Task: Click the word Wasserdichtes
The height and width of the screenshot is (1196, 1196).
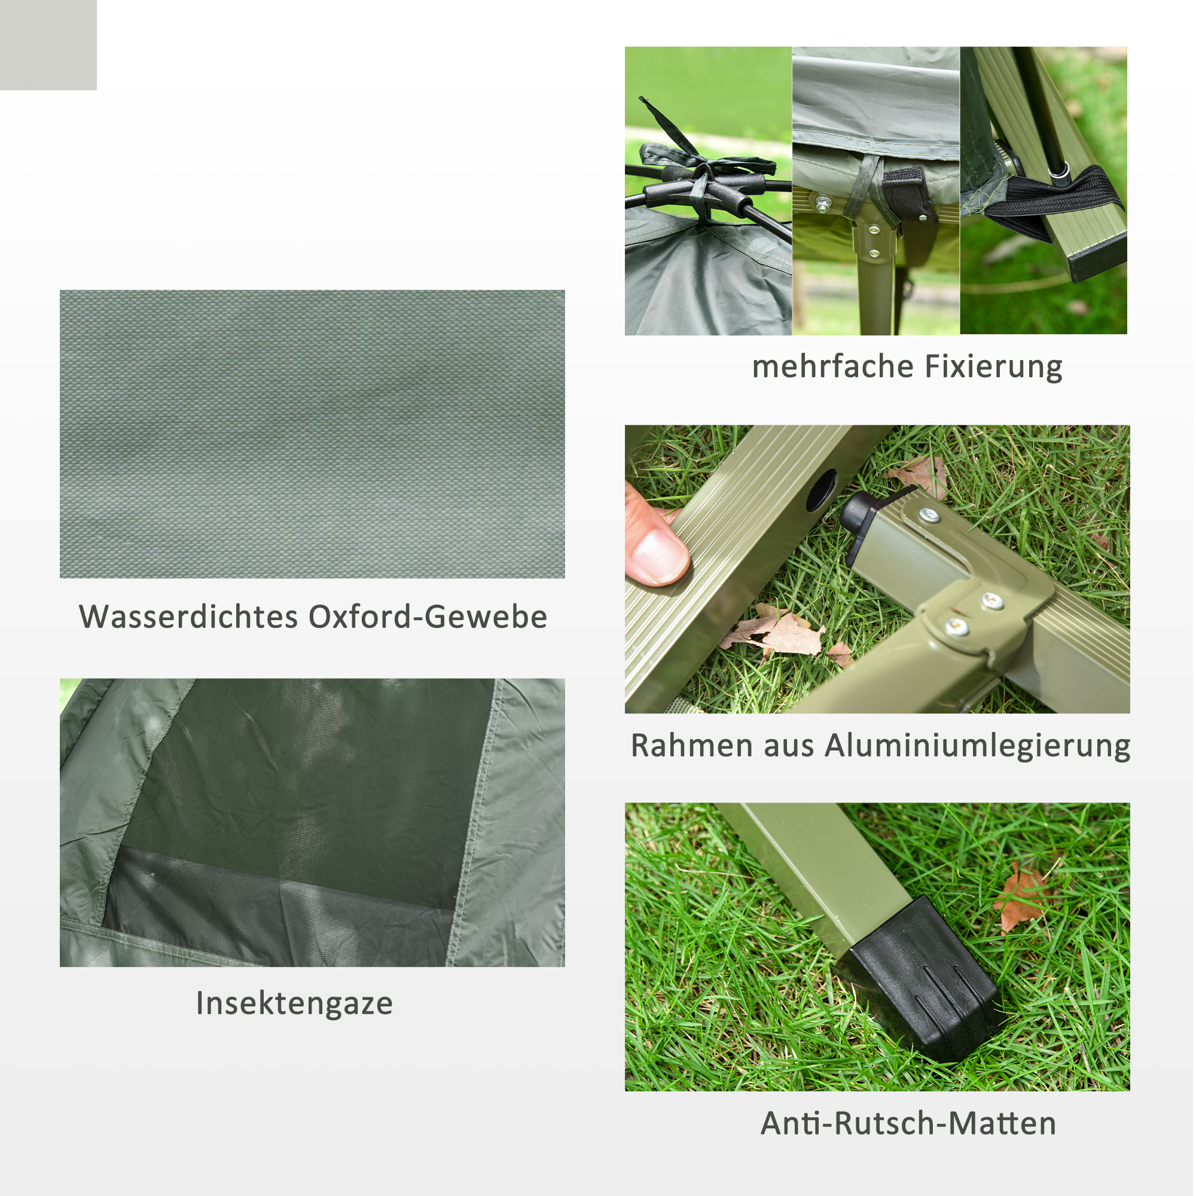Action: coord(188,617)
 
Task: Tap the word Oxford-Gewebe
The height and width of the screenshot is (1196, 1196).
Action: coord(428,617)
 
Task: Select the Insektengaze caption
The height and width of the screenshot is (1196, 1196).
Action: coord(294,1003)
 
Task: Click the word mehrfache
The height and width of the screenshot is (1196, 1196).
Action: coord(832,367)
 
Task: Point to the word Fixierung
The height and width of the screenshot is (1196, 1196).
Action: coord(993,367)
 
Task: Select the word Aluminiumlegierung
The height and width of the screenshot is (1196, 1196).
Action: coord(978,745)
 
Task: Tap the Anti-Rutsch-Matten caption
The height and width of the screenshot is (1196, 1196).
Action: coord(908,1124)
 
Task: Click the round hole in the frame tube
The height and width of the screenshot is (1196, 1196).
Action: coord(822,490)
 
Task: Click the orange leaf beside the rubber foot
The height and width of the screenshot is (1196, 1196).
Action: coord(1021,898)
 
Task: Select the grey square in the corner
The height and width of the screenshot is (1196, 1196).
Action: coord(48,45)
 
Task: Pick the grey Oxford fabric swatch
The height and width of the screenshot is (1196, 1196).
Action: coord(312,434)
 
